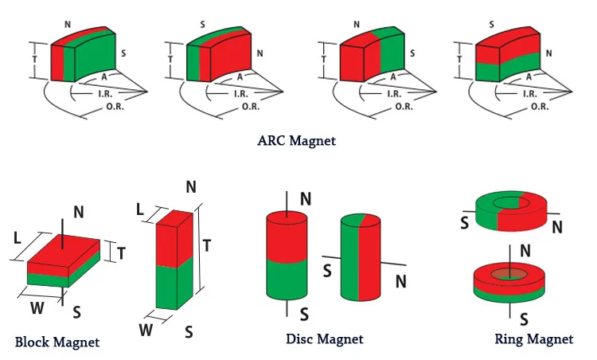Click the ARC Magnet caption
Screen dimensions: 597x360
(297, 140)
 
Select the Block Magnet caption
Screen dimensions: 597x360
(57, 342)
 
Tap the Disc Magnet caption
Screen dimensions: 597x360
(325, 338)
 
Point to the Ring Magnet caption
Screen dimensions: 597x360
(534, 338)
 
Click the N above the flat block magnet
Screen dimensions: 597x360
(79, 212)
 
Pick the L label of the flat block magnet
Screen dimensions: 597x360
(18, 238)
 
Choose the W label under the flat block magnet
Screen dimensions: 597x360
(37, 307)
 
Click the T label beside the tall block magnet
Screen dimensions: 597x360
(207, 246)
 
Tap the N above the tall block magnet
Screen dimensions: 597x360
(191, 187)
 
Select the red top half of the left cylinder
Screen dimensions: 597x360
(287, 237)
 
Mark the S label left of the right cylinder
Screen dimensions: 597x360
(327, 271)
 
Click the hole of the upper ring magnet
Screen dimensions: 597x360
(511, 203)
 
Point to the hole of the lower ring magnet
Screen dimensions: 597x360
(509, 274)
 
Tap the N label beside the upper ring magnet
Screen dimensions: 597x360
(557, 227)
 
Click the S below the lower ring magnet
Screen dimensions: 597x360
(524, 319)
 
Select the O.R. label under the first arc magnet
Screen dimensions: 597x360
(115, 107)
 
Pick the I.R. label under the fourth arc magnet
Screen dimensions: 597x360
(530, 94)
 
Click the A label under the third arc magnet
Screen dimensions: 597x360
(393, 77)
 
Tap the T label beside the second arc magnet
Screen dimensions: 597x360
(170, 60)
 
